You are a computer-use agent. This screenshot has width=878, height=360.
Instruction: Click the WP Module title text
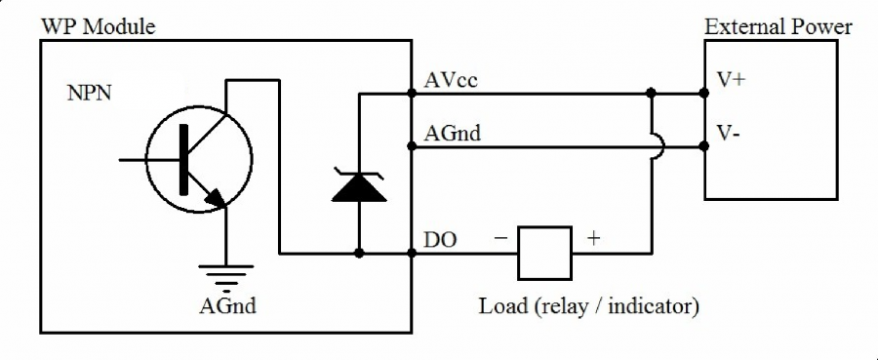pos(98,25)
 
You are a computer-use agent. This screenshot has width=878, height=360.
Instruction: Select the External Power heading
pos(778,25)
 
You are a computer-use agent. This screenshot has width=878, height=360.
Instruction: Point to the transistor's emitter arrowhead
pos(216,198)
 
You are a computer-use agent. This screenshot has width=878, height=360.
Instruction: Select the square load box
pos(543,253)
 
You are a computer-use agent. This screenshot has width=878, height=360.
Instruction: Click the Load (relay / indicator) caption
pos(588,306)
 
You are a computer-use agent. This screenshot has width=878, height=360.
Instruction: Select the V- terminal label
pos(729,132)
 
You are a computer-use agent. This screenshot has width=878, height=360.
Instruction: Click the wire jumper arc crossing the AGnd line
pos(658,146)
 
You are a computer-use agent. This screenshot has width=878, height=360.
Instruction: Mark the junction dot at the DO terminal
pos(411,254)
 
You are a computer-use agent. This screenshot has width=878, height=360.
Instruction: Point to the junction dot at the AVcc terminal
pos(411,95)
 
